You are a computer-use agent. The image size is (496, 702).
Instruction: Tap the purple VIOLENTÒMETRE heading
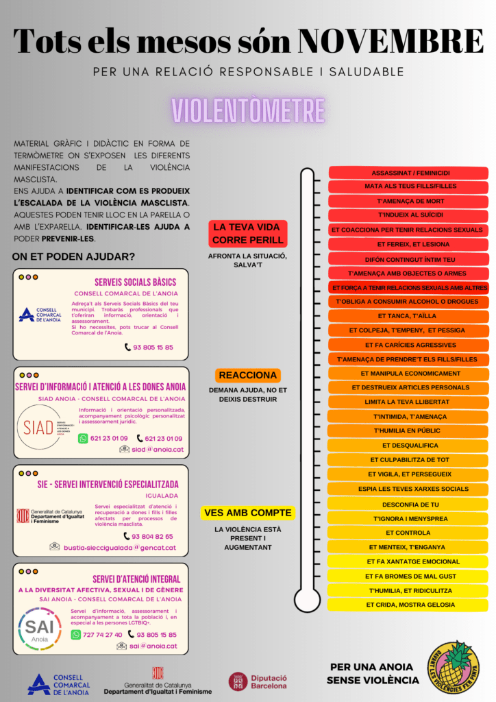point(248,110)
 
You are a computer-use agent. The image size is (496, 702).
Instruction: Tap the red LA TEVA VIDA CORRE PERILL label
point(248,234)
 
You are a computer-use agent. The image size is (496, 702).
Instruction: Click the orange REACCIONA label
point(248,376)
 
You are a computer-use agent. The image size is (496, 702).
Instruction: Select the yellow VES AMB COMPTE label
point(248,513)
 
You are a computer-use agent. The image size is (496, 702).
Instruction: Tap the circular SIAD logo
point(38,428)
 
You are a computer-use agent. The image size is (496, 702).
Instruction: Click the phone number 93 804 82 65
point(149,537)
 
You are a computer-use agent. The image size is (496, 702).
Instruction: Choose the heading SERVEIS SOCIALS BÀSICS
point(135,282)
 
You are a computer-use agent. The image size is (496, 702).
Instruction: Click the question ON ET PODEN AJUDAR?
point(73,257)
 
